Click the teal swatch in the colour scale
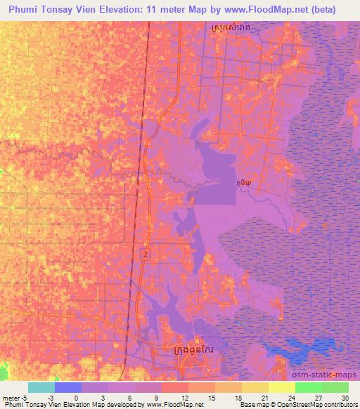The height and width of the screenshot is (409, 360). tap(41, 387)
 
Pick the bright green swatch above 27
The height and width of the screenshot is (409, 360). tap(309, 387)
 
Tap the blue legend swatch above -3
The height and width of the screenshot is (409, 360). tap(68, 387)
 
